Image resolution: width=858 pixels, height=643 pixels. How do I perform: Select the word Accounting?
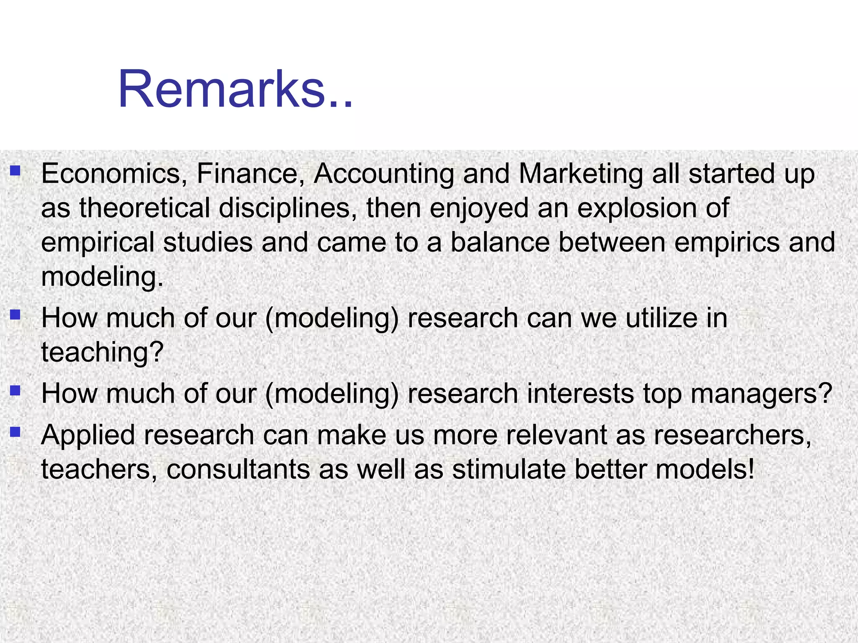click(384, 174)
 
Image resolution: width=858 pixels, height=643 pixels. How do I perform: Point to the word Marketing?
click(581, 174)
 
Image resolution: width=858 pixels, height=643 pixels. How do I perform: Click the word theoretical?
click(144, 208)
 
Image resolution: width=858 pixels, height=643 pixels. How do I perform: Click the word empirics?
click(726, 243)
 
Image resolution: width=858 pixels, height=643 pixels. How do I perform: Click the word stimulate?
click(509, 469)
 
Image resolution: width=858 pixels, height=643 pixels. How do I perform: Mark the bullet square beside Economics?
click(15, 171)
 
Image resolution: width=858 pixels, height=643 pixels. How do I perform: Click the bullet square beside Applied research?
click(15, 432)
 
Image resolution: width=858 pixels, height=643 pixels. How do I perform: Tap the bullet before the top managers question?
click(15, 391)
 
